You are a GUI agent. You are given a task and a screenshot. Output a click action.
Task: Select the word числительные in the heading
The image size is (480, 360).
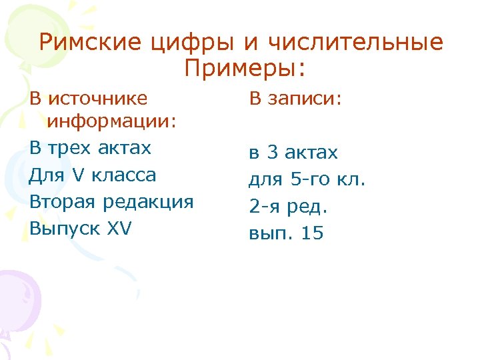tap(356, 42)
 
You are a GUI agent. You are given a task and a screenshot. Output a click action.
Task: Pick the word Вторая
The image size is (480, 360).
tap(62, 201)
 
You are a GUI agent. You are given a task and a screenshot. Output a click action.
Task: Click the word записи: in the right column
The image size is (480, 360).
tap(304, 99)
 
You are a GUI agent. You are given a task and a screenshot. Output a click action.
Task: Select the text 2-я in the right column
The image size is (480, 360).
tap(265, 207)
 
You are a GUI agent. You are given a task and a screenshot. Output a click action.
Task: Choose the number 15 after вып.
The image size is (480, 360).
tap(311, 234)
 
